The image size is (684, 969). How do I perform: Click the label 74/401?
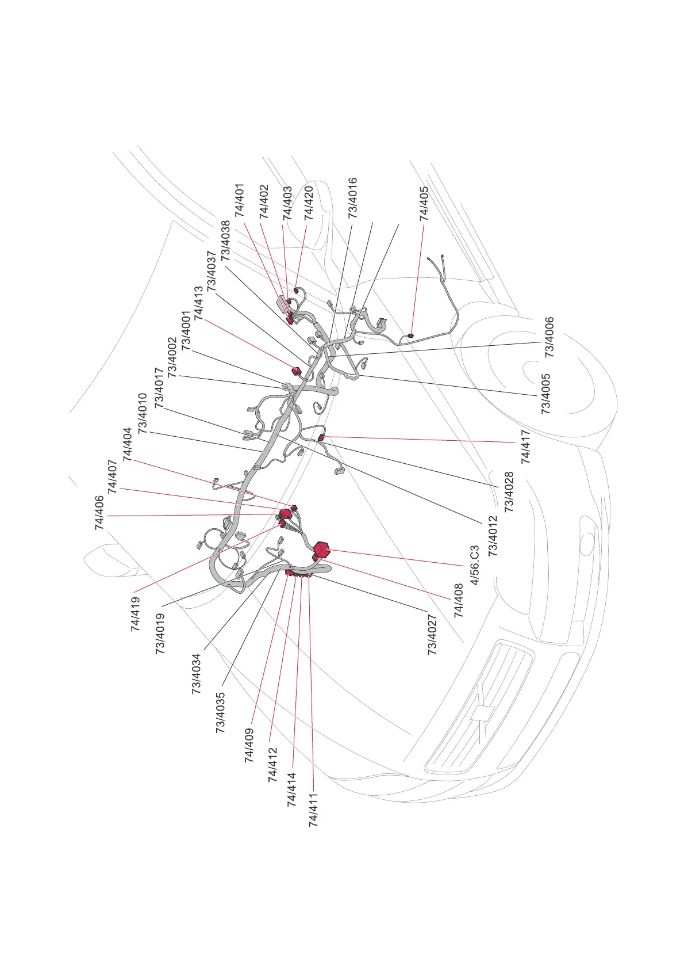[240, 200]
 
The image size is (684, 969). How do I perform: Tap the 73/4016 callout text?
[353, 197]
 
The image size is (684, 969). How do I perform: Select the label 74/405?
[424, 203]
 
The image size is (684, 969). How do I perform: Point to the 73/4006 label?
[549, 337]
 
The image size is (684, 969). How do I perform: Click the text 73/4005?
[545, 394]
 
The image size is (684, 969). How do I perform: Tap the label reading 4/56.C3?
[475, 565]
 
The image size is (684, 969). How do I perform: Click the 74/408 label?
[459, 601]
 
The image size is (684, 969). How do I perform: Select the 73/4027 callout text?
[432, 635]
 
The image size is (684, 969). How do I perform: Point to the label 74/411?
[313, 810]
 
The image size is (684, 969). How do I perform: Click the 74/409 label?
[249, 746]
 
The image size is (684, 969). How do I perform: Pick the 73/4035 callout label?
[221, 712]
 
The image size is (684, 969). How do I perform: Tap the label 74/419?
[136, 614]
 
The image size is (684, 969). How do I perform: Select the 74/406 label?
[100, 512]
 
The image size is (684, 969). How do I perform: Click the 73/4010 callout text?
[143, 413]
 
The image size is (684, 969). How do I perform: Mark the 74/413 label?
[199, 303]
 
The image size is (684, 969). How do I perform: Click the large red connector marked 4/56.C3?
[322, 550]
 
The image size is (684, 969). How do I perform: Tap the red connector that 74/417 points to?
[321, 438]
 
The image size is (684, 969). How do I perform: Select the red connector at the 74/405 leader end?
[410, 335]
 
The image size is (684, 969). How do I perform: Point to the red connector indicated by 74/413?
[297, 370]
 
